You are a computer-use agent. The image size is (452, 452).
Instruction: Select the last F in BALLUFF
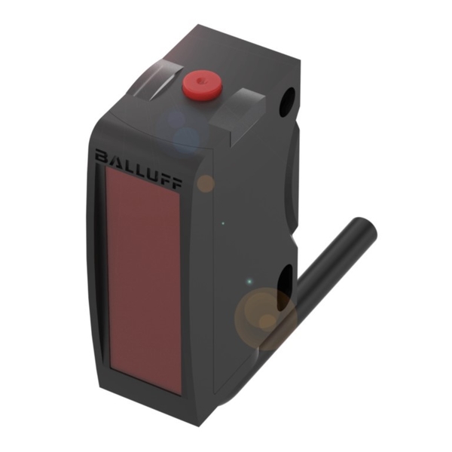(176, 184)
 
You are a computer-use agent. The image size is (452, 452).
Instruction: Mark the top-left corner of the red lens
(106, 166)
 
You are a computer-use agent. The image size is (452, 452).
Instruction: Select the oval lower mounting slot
(285, 288)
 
